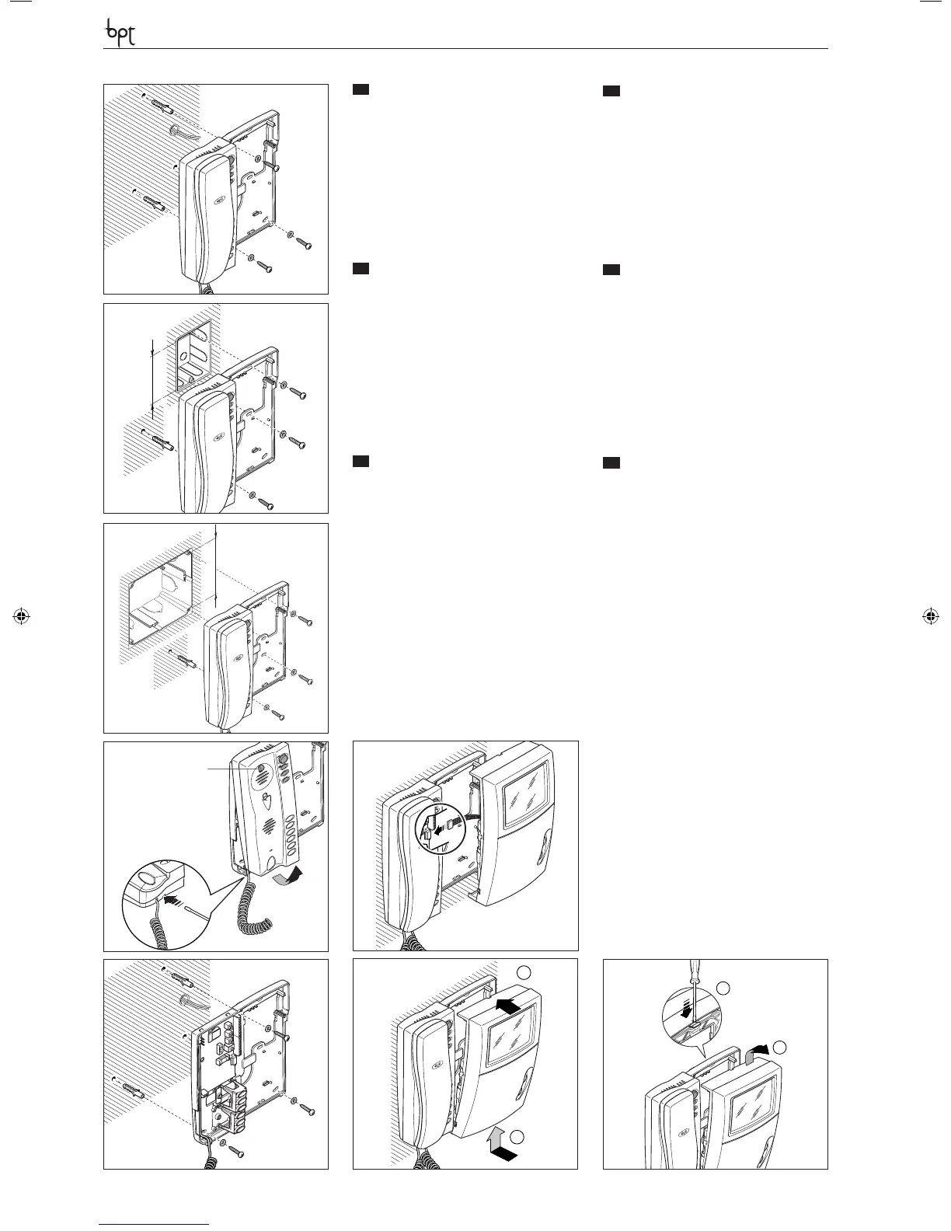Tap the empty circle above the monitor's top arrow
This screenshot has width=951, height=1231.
[x=525, y=972]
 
